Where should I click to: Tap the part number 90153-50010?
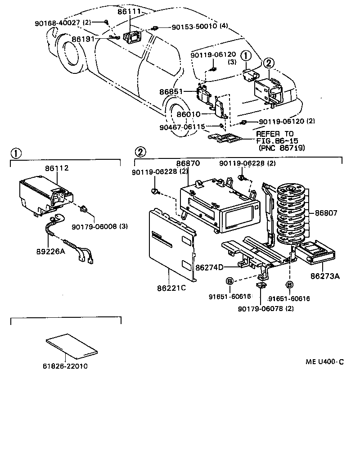click(194, 27)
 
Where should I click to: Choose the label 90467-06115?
click(182, 127)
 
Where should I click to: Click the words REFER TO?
click(274, 134)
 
